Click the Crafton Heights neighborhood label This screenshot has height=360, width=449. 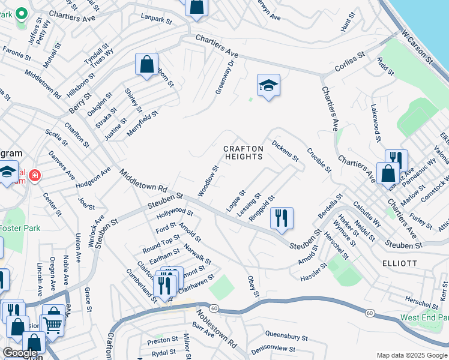pos(243,152)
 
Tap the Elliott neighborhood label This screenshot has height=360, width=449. pos(399,263)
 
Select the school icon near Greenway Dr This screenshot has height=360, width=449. pos(268,85)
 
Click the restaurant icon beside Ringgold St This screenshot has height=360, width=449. pos(281,218)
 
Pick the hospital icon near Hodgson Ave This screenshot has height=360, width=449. pos(35,176)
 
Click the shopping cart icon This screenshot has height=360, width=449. pos(53,325)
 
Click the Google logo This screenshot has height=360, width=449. pos(20,353)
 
